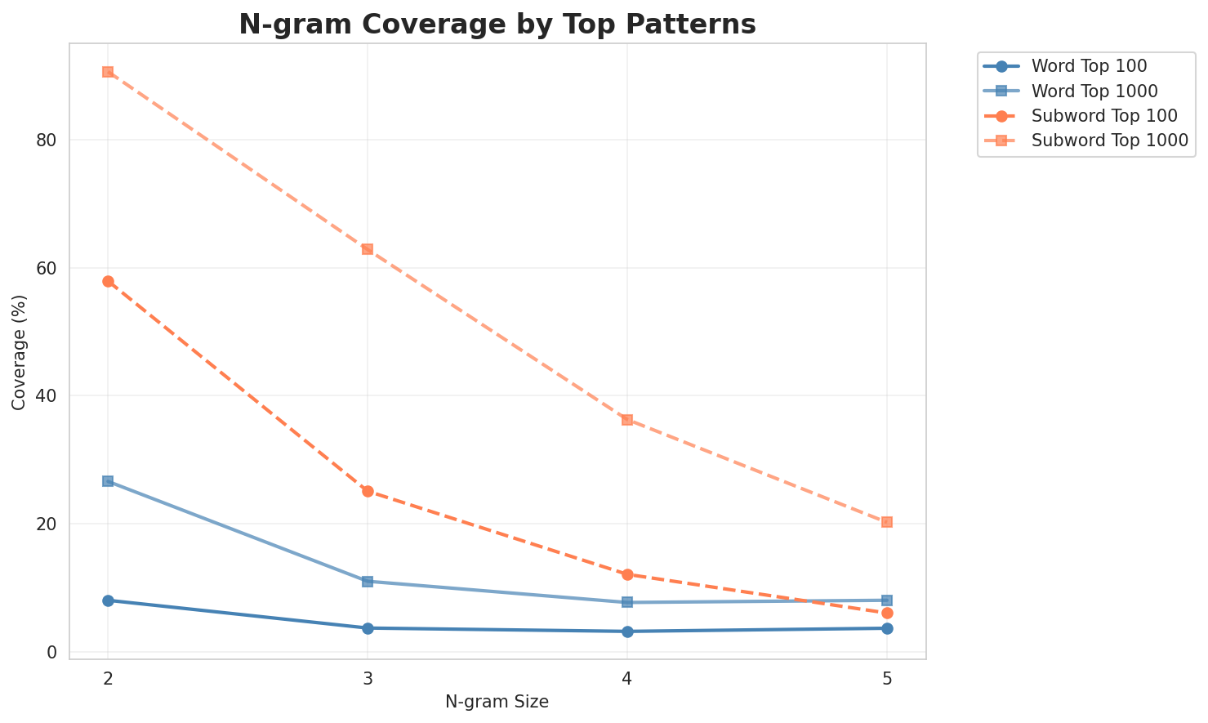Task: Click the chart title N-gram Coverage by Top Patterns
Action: point(497,25)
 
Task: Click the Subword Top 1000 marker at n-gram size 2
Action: point(108,72)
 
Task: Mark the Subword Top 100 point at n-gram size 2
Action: point(108,282)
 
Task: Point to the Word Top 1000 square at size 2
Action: point(108,481)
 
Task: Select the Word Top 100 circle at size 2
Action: point(108,600)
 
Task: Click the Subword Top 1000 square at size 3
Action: point(368,249)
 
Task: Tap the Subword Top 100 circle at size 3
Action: point(368,492)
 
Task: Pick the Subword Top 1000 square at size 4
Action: point(627,420)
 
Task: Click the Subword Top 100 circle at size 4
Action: point(627,575)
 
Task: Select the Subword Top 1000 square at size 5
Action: point(887,522)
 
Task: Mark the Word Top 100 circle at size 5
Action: point(887,628)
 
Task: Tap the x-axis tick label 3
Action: point(368,679)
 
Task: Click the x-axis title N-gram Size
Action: point(497,702)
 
